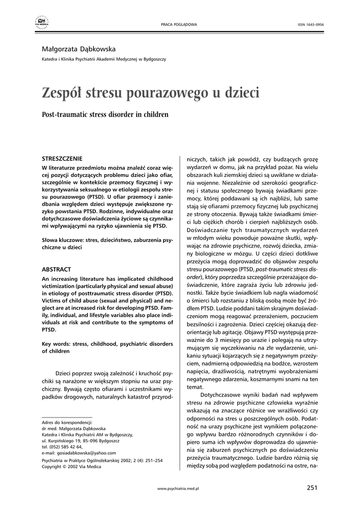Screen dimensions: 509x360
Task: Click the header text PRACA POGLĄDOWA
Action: [x=180, y=24]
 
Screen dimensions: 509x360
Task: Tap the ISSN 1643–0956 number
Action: [x=310, y=24]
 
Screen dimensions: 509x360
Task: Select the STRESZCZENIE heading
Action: [x=62, y=159]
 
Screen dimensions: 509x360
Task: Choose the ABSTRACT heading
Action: [x=56, y=269]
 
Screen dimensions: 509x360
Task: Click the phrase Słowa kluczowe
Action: [x=63, y=240]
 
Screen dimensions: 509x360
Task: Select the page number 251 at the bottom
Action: [x=312, y=488]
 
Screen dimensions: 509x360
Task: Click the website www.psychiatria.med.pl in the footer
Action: [x=178, y=489]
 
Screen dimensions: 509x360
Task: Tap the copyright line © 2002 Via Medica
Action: [x=73, y=467]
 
